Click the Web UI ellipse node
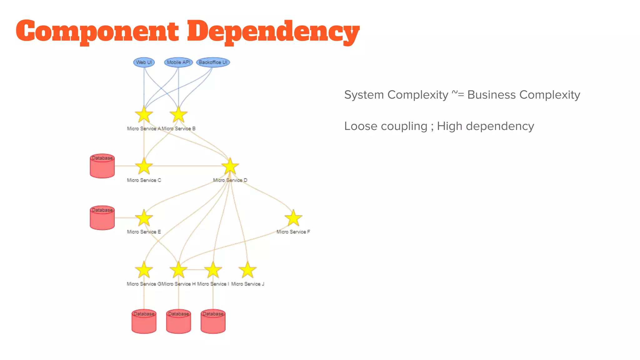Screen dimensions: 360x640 [144, 62]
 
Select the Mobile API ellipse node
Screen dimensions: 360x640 [178, 62]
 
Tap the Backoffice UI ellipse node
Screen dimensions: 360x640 [213, 62]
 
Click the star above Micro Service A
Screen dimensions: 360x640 [144, 115]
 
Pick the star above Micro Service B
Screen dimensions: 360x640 [178, 115]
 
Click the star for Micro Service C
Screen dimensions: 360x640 [144, 167]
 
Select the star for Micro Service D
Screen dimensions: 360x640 [230, 167]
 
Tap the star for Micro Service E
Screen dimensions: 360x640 [144, 218]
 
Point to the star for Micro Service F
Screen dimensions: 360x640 [293, 218]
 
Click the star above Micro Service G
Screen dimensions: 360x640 [144, 270]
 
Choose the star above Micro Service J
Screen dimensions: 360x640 [247, 270]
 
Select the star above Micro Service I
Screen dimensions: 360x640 [213, 270]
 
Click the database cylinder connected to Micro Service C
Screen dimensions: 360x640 [102, 166]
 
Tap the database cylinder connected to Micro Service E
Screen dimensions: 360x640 [102, 218]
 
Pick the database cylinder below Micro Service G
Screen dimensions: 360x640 [144, 322]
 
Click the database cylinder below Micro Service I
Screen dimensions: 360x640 [213, 322]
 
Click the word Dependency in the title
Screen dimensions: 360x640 [273, 31]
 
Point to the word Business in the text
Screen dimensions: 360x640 [491, 95]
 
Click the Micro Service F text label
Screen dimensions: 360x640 [293, 232]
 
